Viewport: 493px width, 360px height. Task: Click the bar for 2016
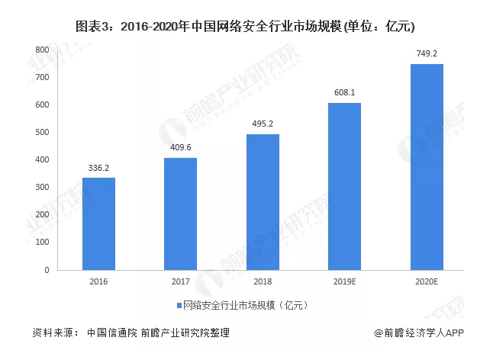98,223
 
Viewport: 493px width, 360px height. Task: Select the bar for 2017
181,214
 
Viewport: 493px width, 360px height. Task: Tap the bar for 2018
263,202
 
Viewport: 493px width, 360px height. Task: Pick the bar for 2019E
344,186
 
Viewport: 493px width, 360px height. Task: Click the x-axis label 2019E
344,282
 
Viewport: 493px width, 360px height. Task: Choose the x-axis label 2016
98,282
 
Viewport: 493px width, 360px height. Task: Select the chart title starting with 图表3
245,27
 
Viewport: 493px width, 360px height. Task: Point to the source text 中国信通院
111,333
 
